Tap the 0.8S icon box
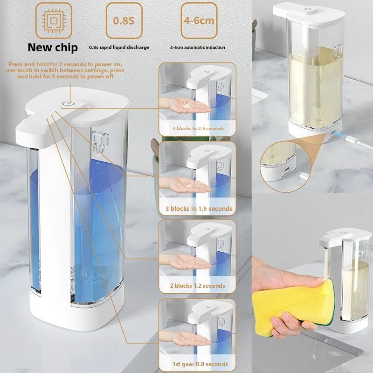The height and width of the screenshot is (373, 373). pos(124,21)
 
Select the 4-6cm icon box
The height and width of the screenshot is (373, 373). pos(199,21)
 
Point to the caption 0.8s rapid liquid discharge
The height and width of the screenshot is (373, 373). pos(119,47)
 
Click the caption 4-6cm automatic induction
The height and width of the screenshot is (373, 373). pos(197,47)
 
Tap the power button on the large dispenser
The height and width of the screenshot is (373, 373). pos(68,104)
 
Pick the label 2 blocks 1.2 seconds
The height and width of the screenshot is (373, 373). pos(197,285)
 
